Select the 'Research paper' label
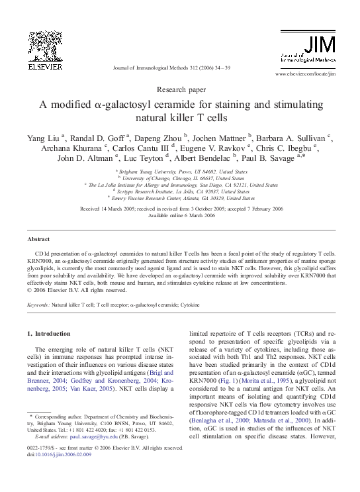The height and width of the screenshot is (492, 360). (180, 88)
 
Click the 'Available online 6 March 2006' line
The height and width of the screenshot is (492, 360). (180, 216)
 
